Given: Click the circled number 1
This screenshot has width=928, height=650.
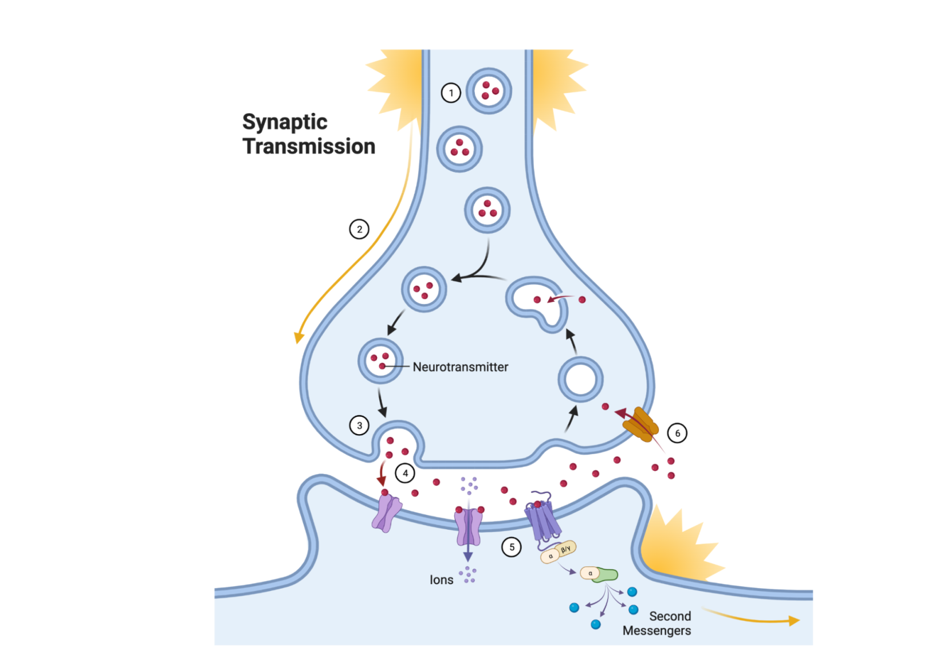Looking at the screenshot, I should pos(451,93).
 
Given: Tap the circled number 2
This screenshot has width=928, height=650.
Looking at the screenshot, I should pos(359,230).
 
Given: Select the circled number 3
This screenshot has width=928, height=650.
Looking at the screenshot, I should pos(359,426).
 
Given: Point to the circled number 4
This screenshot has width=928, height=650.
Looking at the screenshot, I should pos(406,474).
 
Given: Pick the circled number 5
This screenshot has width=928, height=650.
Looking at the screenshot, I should pos(512,547).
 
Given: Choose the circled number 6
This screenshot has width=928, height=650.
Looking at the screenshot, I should pos(677,433).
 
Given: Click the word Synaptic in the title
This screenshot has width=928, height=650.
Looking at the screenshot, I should pos(285,122).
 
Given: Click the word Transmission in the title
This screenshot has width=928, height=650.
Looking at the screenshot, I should pos(309,147).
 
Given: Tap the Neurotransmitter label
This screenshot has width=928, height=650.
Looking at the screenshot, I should pos(460,367).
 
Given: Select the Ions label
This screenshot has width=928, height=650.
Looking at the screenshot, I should pos(441,580).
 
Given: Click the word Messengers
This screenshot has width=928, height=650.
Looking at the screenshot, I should pos(656,631).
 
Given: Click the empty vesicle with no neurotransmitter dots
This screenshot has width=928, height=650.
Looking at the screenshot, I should pos(580,379).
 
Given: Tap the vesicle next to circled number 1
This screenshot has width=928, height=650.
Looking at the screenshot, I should pos(489,91).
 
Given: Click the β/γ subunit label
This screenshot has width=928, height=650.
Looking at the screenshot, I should pos(566,549).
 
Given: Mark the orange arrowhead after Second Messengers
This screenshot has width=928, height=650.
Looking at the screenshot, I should pos(794,620).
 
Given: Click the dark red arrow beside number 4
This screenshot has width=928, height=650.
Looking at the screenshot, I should pos(382,473).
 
